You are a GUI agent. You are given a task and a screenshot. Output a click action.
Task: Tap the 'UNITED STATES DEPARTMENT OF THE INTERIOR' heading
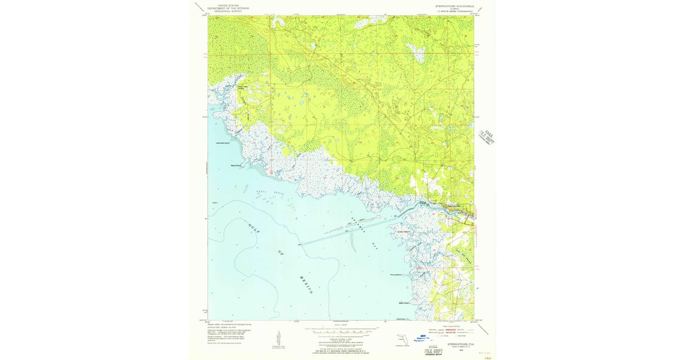(x=230, y=7)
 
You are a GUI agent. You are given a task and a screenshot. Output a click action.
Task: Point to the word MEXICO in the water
(x=305, y=283)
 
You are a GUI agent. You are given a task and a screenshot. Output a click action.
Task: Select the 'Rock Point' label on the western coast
(x=237, y=166)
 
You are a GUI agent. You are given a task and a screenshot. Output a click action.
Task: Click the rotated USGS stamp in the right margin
(x=488, y=138)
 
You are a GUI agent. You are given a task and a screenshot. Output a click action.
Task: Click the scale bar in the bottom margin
(x=341, y=330)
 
